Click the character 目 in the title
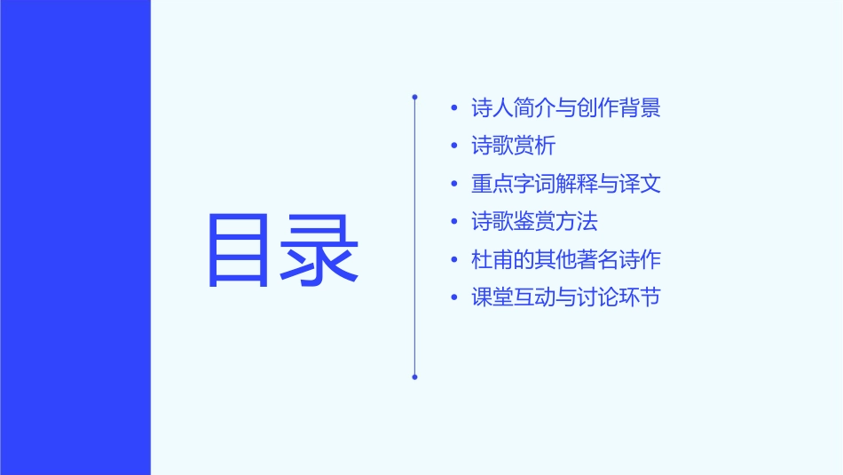[238, 250]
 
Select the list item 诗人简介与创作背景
[566, 108]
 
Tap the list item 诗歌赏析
[514, 146]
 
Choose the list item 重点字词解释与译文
[566, 184]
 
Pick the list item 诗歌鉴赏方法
[534, 222]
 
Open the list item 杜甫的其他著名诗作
[566, 260]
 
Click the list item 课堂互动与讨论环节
[566, 297]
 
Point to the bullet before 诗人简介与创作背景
[455, 109]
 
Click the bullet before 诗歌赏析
[455, 146]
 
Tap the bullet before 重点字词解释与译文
[455, 185]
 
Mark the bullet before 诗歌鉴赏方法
[455, 223]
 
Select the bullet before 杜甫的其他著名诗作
[455, 261]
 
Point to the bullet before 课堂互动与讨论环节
[455, 298]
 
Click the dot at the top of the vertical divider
[414, 97]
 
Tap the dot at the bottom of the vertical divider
[414, 376]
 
